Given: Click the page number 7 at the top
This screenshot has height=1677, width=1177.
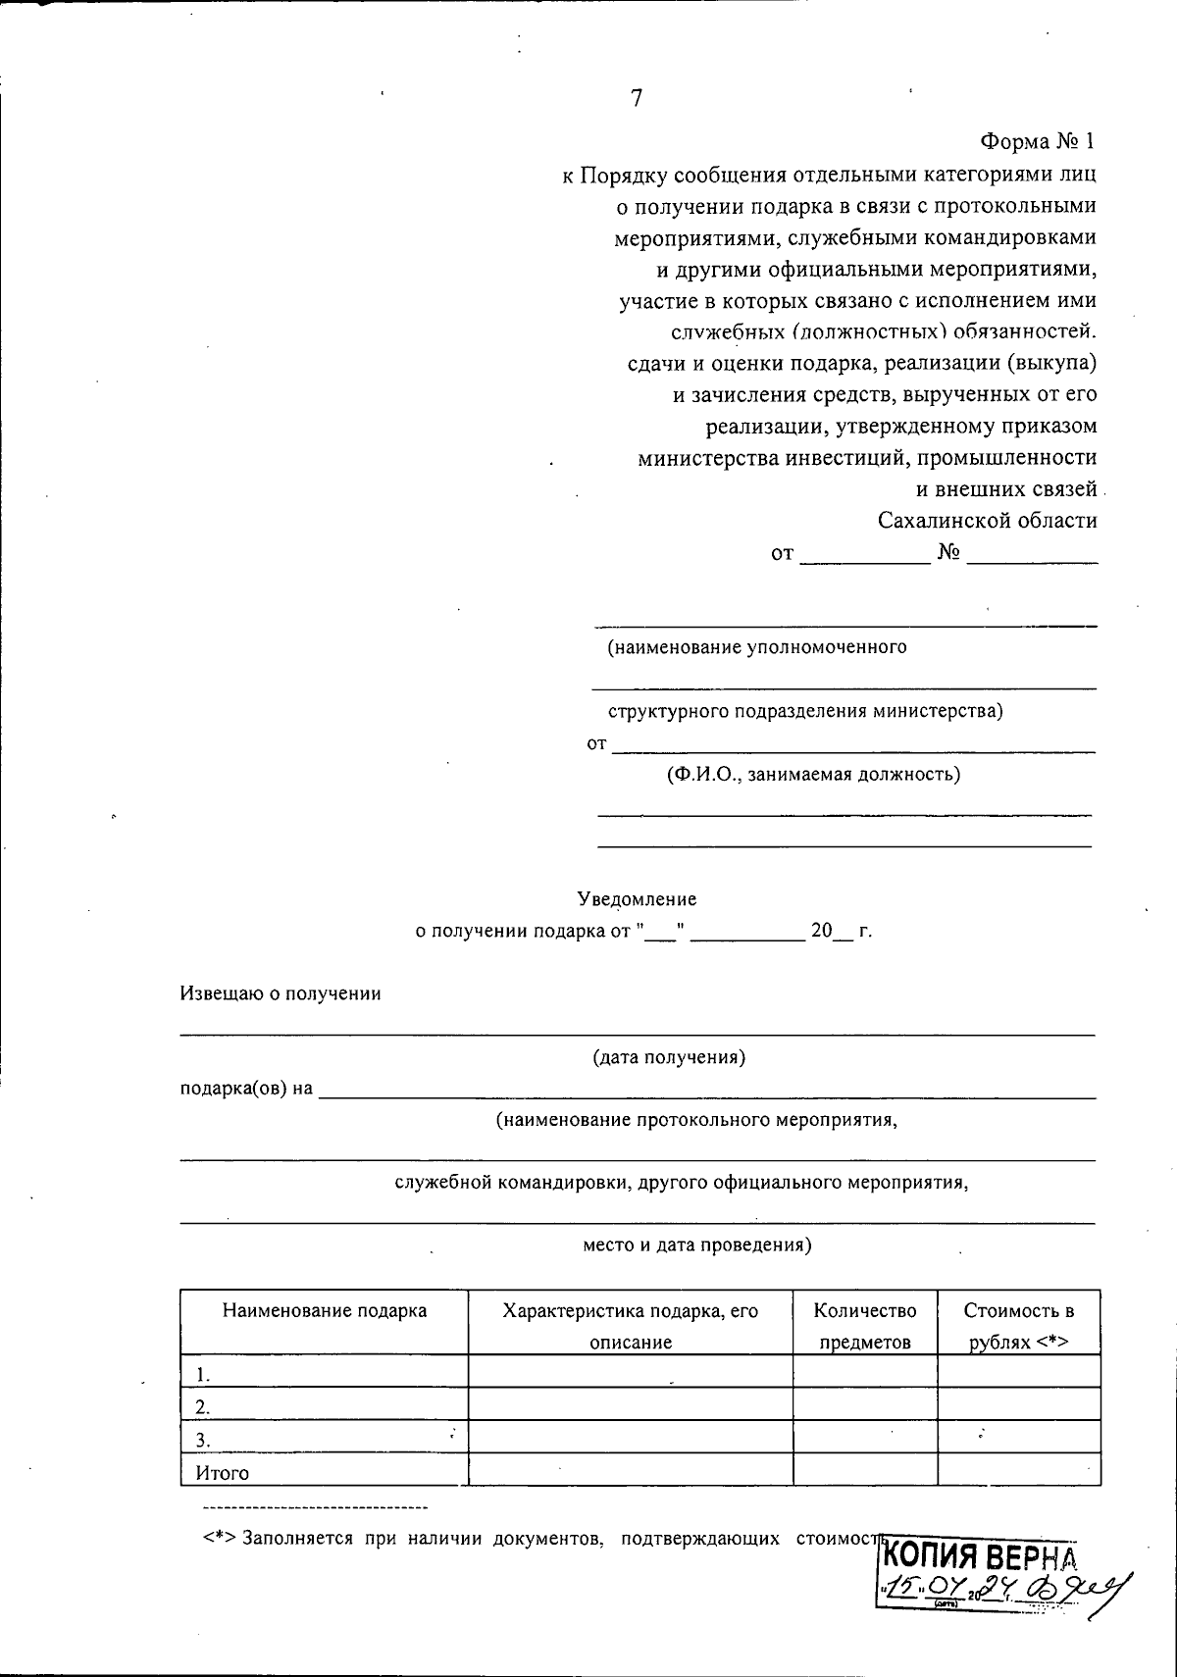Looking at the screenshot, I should point(636,98).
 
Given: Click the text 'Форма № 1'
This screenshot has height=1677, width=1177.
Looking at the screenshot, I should point(1038,142).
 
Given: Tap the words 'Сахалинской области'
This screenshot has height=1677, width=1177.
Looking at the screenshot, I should point(987,521).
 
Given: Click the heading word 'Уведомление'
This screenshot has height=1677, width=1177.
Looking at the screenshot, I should point(637,898).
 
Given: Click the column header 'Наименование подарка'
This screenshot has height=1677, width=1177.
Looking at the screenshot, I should point(325,1311).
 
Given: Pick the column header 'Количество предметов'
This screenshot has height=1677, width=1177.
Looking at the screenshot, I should point(865,1326).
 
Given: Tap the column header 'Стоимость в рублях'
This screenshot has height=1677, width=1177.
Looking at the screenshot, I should point(1018,1326).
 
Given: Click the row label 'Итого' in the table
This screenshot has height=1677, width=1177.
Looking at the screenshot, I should point(223,1473).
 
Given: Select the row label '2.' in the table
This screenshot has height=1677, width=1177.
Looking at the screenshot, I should point(203,1407).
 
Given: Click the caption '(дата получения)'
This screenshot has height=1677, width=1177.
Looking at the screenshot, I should point(669,1057).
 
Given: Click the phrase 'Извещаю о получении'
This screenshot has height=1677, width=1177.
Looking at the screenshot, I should point(281,993).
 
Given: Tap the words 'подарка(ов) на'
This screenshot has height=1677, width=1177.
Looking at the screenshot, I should point(246,1089).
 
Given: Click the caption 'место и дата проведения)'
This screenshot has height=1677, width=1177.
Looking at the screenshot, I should point(697,1245).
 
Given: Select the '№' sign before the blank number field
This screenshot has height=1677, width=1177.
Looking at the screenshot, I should point(947,552).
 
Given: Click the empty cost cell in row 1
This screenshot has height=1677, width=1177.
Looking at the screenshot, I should point(1018,1371).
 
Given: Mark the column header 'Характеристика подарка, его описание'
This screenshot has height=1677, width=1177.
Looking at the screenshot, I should point(631,1326).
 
